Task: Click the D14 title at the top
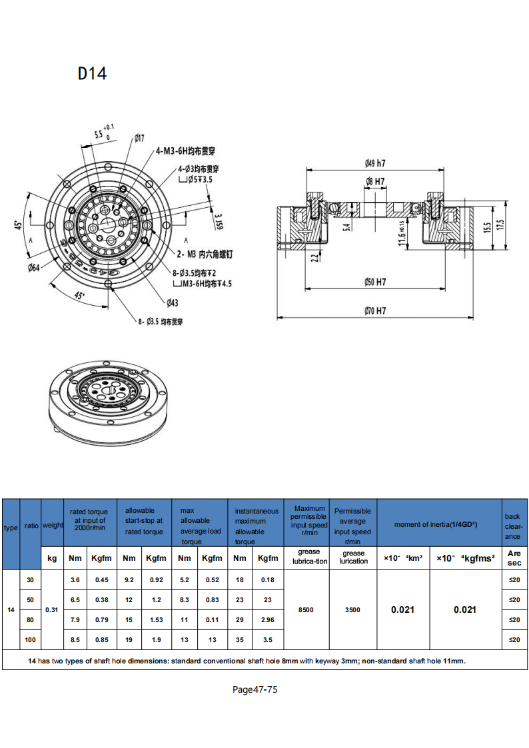[x=92, y=73]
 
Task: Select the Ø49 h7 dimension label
[x=375, y=163]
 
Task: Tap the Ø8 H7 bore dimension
[x=375, y=181]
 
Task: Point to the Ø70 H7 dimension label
[x=375, y=311]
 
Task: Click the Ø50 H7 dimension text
[x=375, y=282]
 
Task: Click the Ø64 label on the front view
[x=34, y=268]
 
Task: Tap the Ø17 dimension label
[x=139, y=138]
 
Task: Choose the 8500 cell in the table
[x=306, y=609]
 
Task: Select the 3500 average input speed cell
[x=353, y=609]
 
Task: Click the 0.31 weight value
[x=52, y=609]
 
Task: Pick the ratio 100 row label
[x=31, y=639]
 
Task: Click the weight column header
[x=52, y=525]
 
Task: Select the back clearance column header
[x=512, y=526]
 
